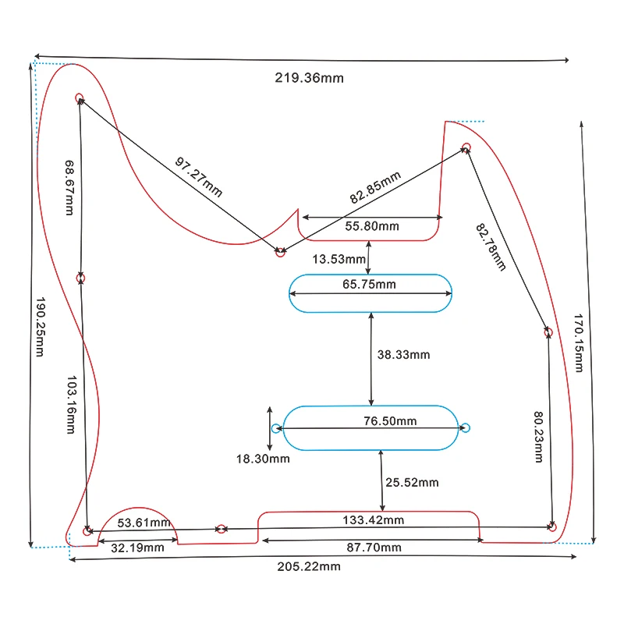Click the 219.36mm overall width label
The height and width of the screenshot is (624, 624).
click(309, 78)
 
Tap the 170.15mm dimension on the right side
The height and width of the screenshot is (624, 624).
click(578, 343)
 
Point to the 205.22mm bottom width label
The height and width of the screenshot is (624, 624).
click(309, 566)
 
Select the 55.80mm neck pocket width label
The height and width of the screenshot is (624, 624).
click(372, 226)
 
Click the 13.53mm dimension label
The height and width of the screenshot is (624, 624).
click(339, 259)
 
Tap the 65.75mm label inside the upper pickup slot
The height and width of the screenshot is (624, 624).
click(370, 284)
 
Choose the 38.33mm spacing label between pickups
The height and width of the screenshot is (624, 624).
click(403, 355)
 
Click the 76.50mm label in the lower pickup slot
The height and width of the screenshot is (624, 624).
click(390, 421)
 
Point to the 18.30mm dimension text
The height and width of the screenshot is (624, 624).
click(263, 459)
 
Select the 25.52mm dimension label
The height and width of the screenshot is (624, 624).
click(412, 482)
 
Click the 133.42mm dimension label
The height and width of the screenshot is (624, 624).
click(373, 519)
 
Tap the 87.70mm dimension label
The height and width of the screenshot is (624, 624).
click(373, 548)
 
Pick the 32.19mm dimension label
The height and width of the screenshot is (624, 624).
click(137, 548)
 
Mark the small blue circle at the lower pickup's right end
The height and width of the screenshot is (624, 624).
click(466, 427)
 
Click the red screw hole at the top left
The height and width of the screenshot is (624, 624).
click(80, 98)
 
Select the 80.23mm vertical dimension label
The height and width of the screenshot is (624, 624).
click(537, 436)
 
